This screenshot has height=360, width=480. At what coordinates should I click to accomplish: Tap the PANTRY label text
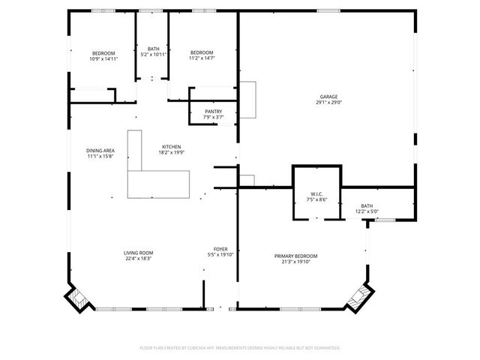pyautogui.click(x=214, y=112)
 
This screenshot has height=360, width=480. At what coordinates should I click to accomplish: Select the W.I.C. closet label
pyautogui.click(x=316, y=194)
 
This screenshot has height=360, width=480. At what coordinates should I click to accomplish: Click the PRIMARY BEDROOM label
pyautogui.click(x=295, y=256)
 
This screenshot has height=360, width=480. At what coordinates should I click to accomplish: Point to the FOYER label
pyautogui.click(x=220, y=249)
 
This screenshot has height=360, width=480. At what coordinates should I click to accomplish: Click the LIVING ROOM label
pyautogui.click(x=139, y=253)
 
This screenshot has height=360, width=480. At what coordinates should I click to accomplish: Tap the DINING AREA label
pyautogui.click(x=100, y=151)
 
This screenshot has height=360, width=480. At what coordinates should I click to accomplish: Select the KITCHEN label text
pyautogui.click(x=172, y=147)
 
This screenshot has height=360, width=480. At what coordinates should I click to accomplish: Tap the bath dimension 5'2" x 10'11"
pyautogui.click(x=153, y=55)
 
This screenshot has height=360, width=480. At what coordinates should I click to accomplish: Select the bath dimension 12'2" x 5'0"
pyautogui.click(x=366, y=211)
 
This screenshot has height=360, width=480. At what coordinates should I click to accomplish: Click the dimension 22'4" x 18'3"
pyautogui.click(x=139, y=259)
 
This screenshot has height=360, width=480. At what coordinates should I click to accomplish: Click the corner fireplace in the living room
pyautogui.click(x=79, y=298)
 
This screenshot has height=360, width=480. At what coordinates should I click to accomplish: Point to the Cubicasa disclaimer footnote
pyautogui.click(x=240, y=348)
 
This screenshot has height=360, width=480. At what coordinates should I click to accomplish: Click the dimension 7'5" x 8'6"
pyautogui.click(x=316, y=200)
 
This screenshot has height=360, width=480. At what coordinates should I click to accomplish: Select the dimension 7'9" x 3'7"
pyautogui.click(x=214, y=118)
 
